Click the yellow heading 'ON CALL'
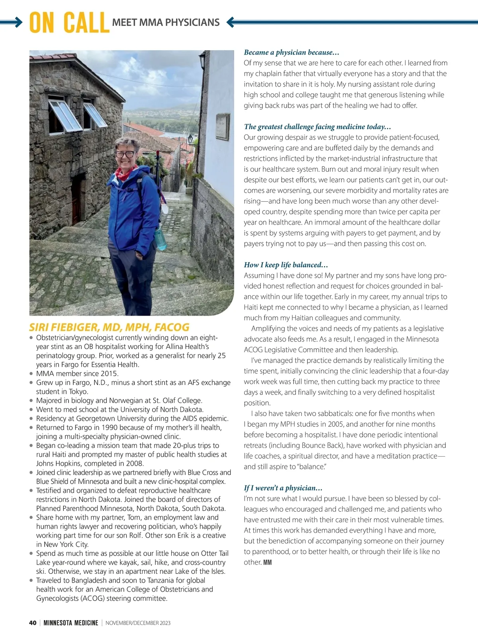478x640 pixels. point(69,23)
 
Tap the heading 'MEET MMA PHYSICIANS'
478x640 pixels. point(166,22)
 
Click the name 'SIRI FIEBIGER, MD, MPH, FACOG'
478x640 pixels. point(109,327)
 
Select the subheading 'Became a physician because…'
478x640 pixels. point(291,52)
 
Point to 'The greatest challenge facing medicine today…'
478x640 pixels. point(317,127)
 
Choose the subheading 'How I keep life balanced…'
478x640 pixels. point(286,265)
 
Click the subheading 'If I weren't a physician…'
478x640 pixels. point(283,488)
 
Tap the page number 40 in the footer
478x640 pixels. point(33,623)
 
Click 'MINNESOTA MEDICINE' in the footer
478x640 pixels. point(71,623)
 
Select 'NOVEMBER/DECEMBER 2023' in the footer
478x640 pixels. point(138,623)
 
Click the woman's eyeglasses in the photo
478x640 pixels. point(125,154)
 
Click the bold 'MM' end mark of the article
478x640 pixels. point(267,563)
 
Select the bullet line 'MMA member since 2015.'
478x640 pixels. point(77,373)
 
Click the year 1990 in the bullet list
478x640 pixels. point(110,428)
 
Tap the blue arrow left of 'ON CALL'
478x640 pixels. point(12,23)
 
